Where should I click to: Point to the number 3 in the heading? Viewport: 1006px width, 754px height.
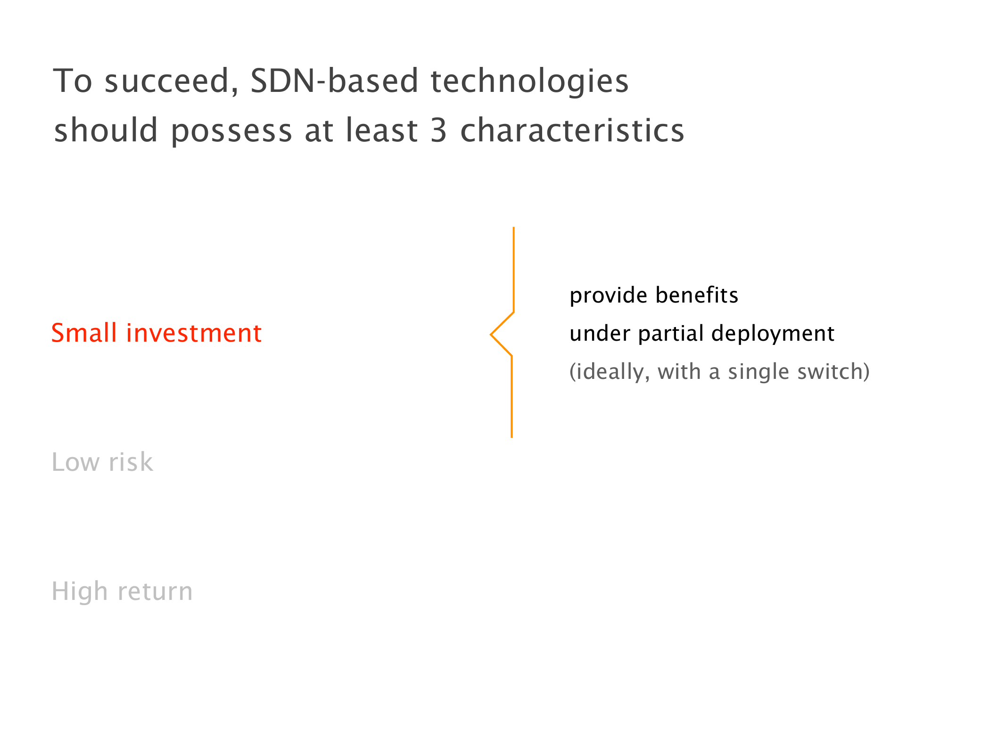(438, 131)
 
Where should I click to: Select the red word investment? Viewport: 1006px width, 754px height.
(194, 333)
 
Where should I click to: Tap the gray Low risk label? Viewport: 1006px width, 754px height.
(102, 462)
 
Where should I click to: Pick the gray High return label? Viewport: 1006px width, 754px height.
(122, 591)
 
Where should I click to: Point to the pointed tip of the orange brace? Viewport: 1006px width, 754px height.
(491, 335)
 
